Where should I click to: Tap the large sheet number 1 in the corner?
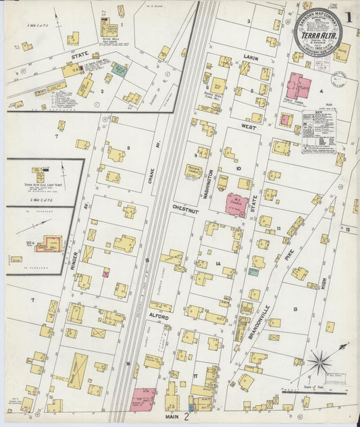tap(347, 16)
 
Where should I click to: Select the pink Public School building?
tap(299, 87)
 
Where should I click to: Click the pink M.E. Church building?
tap(235, 203)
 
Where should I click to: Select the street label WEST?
tap(249, 126)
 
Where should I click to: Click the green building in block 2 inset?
tap(119, 69)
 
